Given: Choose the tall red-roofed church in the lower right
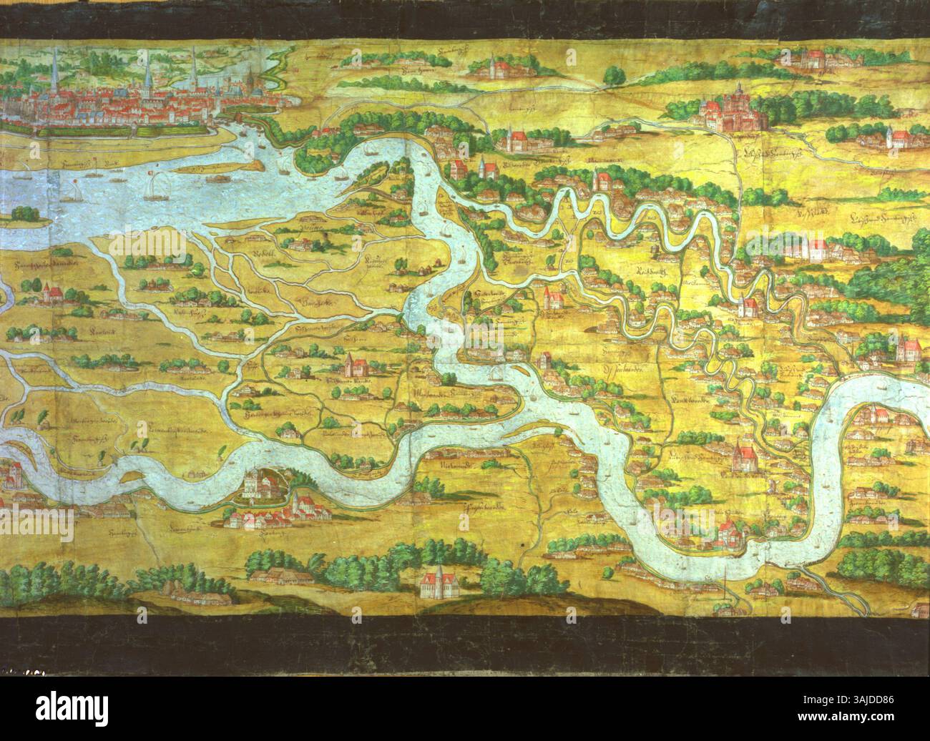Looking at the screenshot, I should pyautogui.click(x=744, y=458).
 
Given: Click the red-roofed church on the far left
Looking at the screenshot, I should pyautogui.click(x=50, y=294).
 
